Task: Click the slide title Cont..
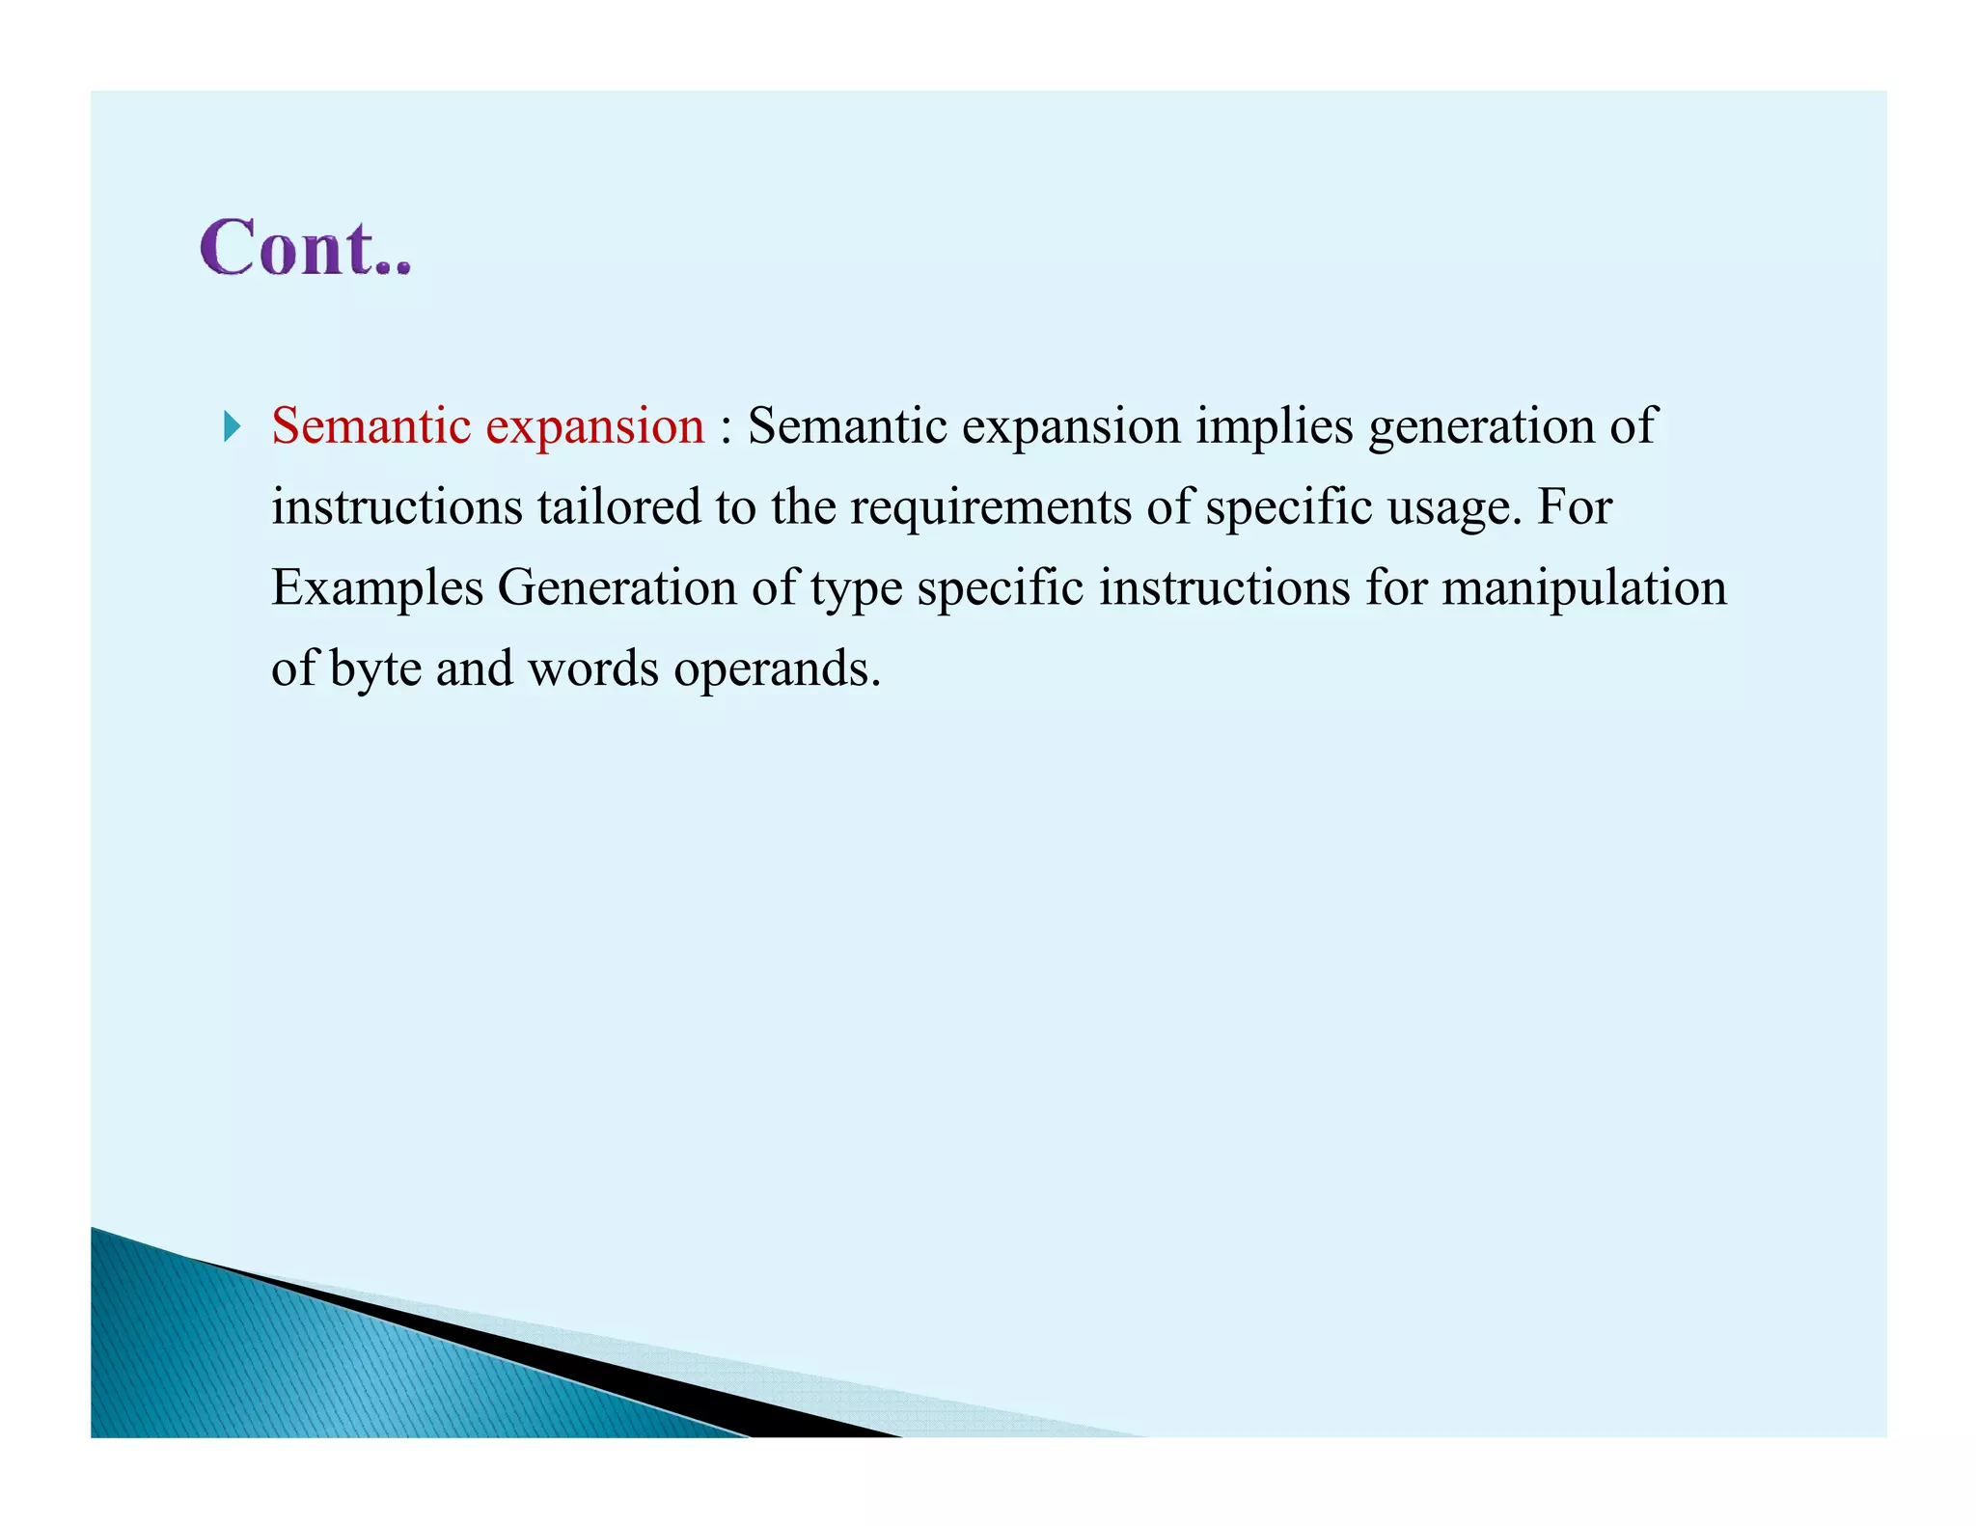click(305, 248)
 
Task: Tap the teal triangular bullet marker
click(232, 425)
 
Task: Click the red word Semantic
click(370, 425)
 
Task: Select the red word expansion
click(594, 427)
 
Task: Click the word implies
click(1275, 427)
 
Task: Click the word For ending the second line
click(1574, 507)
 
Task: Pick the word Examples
click(377, 588)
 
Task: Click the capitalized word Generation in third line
click(617, 587)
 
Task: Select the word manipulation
click(1583, 588)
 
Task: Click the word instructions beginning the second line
click(396, 507)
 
